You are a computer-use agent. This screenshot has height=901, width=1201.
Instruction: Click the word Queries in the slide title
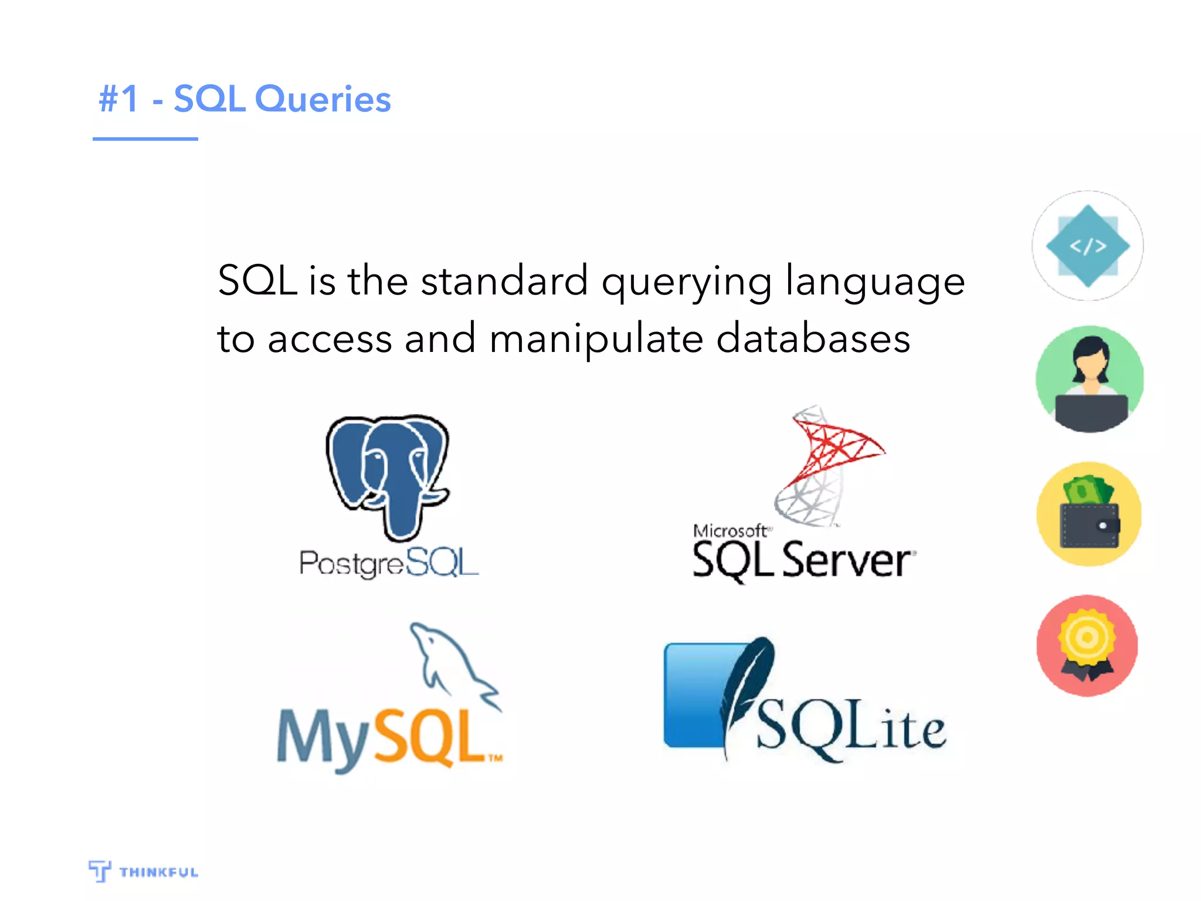[x=323, y=99]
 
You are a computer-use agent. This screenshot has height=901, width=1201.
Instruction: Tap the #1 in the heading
[x=119, y=99]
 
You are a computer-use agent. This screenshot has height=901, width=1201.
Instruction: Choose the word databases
[x=813, y=339]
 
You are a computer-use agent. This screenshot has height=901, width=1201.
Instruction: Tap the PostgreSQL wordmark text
[x=389, y=563]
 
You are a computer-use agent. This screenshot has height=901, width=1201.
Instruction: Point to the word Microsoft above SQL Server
[x=730, y=531]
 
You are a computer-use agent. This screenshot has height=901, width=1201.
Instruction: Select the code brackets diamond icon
[x=1088, y=246]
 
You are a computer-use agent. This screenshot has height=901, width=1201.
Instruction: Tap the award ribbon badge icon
[x=1087, y=645]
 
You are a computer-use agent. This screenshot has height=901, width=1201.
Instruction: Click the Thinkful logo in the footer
[x=144, y=872]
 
